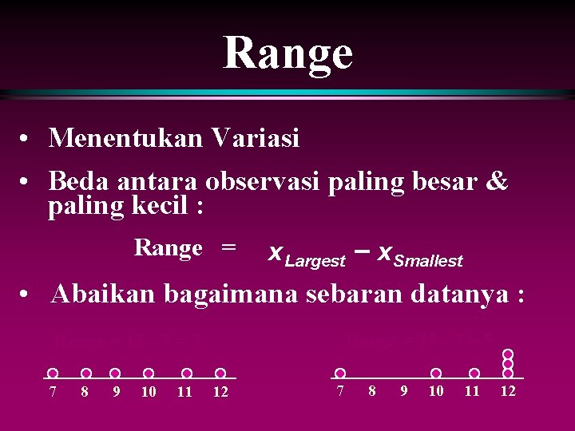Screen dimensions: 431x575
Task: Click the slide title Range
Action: tap(287, 53)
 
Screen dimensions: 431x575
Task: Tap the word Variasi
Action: tap(256, 139)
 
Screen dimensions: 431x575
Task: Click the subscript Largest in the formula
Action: tap(315, 261)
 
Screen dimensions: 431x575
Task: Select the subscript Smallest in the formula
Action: tap(428, 261)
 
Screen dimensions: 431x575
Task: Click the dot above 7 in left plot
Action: tap(53, 373)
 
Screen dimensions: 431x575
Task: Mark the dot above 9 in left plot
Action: tap(116, 373)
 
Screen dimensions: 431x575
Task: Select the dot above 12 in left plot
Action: tap(220, 373)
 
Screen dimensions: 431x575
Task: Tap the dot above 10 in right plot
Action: tap(436, 373)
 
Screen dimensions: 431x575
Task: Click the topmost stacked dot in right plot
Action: tap(507, 354)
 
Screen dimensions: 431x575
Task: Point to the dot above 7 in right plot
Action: tap(340, 373)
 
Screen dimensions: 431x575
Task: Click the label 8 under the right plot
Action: tap(371, 391)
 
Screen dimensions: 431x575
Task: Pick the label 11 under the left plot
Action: tap(185, 392)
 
